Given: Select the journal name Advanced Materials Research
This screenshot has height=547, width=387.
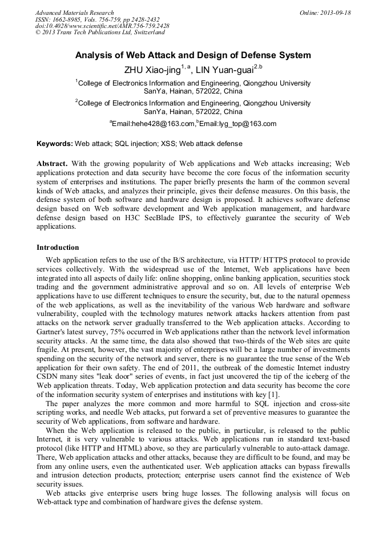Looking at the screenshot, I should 74,13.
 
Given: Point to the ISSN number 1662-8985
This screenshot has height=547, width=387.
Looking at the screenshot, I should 66,19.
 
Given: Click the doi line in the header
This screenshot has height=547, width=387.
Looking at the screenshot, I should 102,26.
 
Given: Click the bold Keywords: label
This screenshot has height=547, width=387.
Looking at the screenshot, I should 55,144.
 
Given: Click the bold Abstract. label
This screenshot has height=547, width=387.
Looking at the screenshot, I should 52,164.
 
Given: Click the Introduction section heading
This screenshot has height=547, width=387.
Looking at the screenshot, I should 58,248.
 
